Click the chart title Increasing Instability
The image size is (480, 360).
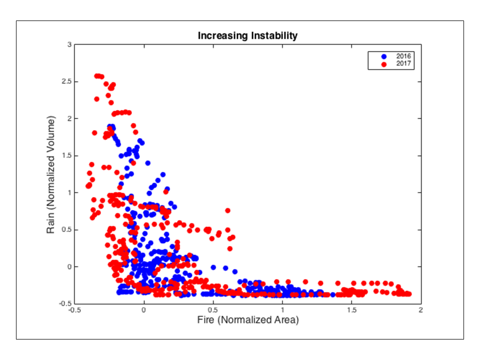(x=247, y=36)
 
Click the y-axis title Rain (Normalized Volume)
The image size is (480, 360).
(x=51, y=174)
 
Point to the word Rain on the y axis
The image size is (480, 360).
(x=51, y=223)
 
